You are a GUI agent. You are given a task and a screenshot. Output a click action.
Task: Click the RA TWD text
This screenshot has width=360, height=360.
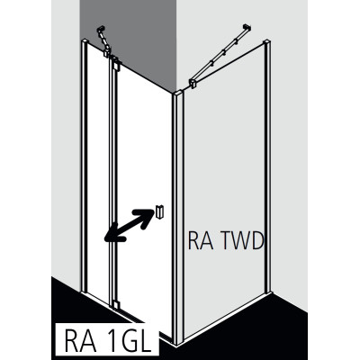(x=226, y=240)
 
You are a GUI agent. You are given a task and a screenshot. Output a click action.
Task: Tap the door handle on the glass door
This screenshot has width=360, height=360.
(x=159, y=211)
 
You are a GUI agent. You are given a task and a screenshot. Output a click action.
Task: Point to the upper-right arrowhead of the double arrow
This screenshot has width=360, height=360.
(x=147, y=215)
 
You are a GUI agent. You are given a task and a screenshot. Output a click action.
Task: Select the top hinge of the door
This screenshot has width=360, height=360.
(x=115, y=64)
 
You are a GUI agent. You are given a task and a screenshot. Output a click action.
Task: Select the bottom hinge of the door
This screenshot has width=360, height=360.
(x=115, y=304)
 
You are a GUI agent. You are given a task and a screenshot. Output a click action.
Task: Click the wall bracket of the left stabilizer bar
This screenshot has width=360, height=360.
(x=101, y=30)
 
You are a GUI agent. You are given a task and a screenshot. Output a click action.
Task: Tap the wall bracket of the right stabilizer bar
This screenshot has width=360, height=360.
(x=247, y=27)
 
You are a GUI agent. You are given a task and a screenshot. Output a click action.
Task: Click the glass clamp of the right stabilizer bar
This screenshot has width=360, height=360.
(x=193, y=83)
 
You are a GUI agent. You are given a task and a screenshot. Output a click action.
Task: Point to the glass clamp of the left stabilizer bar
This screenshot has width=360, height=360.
(x=107, y=53)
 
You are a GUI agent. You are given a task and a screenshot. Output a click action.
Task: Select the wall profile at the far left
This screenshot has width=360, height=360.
(x=84, y=165)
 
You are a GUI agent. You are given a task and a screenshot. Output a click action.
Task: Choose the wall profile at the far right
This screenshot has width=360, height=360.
(x=267, y=166)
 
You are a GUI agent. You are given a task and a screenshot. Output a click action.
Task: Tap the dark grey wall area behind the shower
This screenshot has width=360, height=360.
(x=129, y=36)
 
